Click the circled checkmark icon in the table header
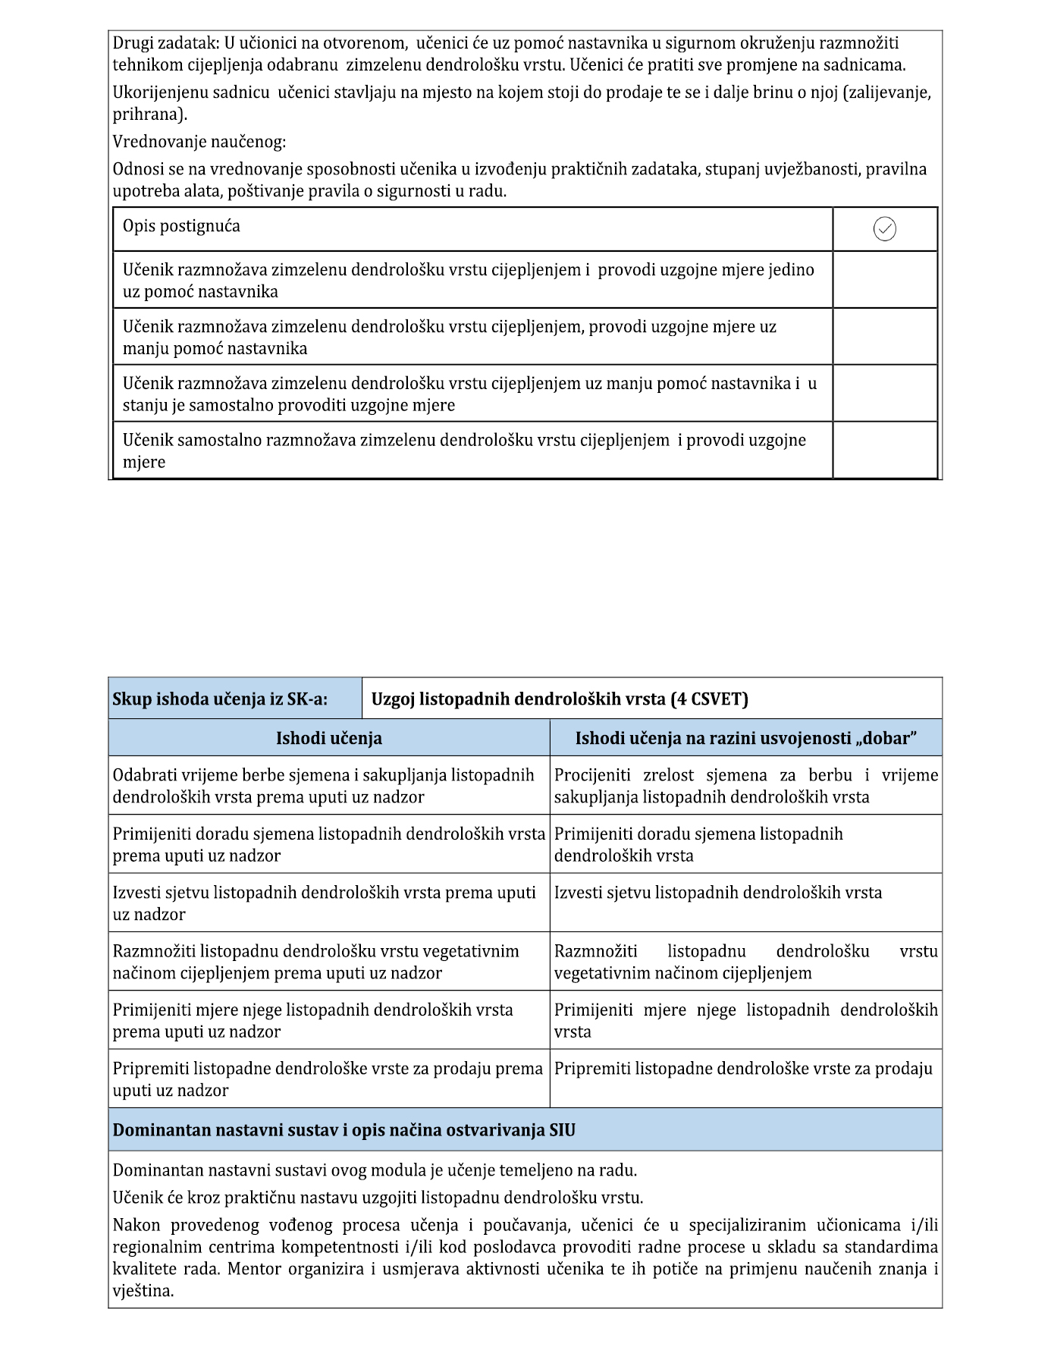[x=884, y=228]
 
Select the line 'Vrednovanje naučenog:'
[x=199, y=142]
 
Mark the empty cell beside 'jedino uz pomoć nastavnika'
[x=884, y=280]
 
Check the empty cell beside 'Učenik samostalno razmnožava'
[x=884, y=451]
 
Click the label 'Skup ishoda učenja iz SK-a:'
[x=220, y=699]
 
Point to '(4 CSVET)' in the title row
[x=709, y=699]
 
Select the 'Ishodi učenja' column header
[x=328, y=738]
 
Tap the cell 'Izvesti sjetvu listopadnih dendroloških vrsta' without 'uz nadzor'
[x=717, y=893]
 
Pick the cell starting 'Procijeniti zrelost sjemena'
[x=745, y=786]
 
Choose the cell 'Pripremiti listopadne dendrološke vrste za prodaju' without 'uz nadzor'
[x=743, y=1069]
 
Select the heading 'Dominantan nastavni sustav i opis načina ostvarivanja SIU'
[x=344, y=1130]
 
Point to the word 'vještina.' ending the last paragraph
[x=143, y=1291]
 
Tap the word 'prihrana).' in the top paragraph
[x=149, y=115]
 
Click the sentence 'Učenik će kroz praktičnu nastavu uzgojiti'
[x=378, y=1198]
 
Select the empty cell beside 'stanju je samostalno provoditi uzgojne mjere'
[x=884, y=394]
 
